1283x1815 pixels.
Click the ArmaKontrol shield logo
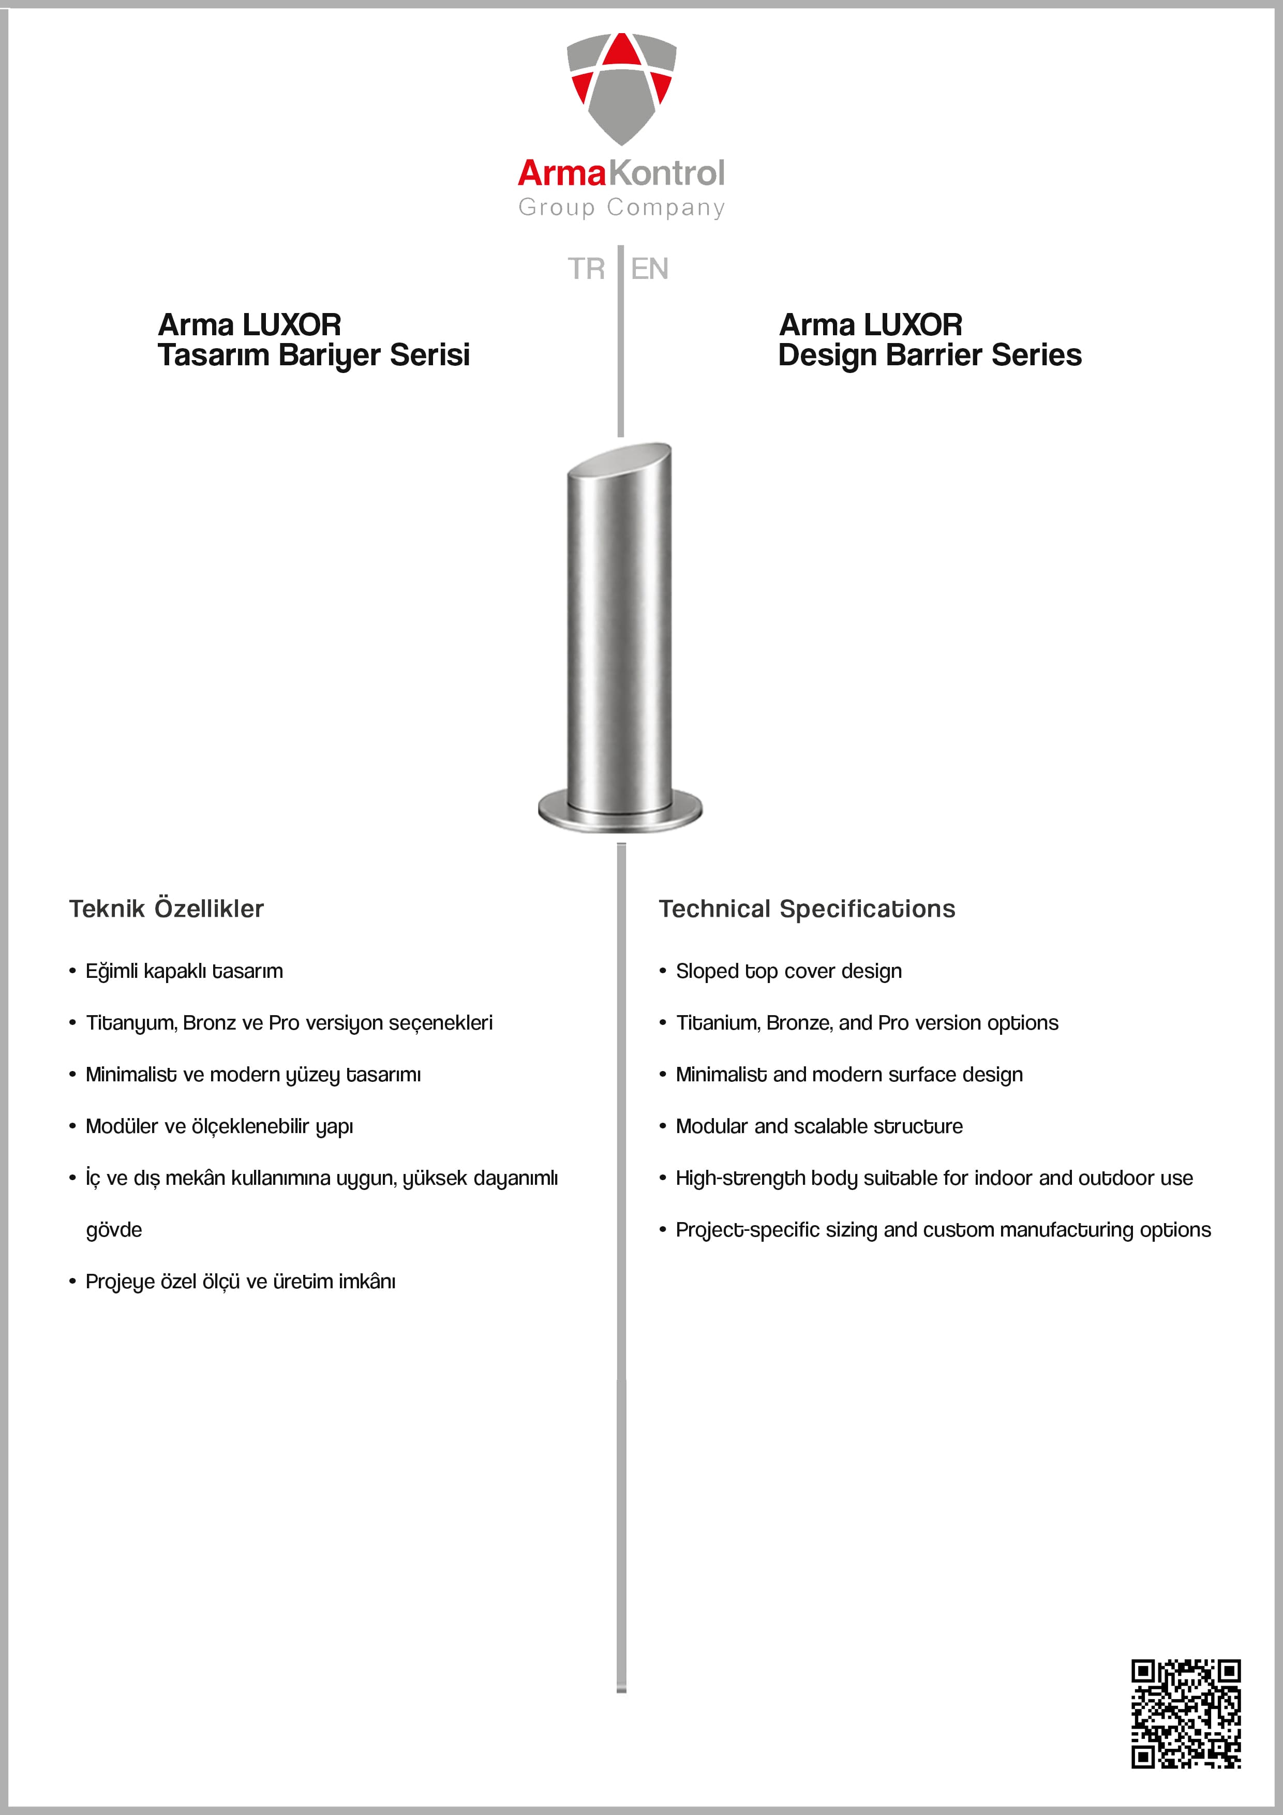(621, 87)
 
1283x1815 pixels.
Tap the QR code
(1185, 1712)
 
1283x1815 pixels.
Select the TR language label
(586, 269)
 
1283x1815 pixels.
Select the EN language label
(650, 269)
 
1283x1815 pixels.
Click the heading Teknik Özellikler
(166, 909)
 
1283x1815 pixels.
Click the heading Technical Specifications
(807, 909)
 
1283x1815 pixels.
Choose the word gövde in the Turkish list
(114, 1230)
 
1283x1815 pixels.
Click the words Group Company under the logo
(621, 207)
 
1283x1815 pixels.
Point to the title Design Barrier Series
(930, 355)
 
